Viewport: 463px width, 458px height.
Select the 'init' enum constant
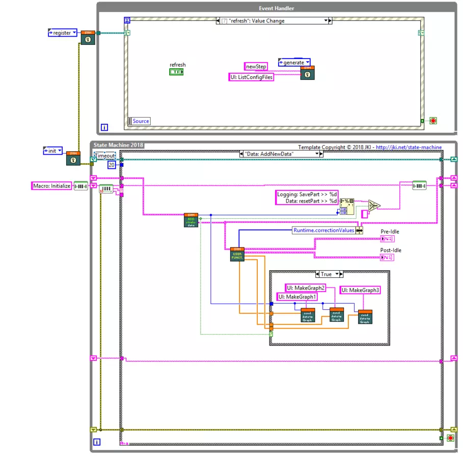pyautogui.click(x=53, y=151)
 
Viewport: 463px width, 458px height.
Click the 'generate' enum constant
pyautogui.click(x=293, y=63)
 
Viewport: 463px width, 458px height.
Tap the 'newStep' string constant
pyautogui.click(x=256, y=67)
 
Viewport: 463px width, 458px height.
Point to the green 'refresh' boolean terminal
pyautogui.click(x=176, y=72)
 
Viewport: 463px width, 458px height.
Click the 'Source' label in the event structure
pyautogui.click(x=141, y=121)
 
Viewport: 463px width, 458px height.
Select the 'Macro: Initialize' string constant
pyautogui.click(x=51, y=186)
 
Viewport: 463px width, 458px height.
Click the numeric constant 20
pyautogui.click(x=112, y=165)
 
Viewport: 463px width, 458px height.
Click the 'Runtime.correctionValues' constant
pyautogui.click(x=323, y=231)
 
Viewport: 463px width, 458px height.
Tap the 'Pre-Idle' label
pyautogui.click(x=390, y=232)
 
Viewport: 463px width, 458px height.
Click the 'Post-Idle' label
pyautogui.click(x=391, y=250)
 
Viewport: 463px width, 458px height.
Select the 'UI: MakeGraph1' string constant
pyautogui.click(x=297, y=297)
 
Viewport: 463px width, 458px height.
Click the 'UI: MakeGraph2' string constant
pyautogui.click(x=306, y=288)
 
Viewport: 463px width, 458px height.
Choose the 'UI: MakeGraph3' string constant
pyautogui.click(x=361, y=290)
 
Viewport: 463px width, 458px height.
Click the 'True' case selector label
pyautogui.click(x=326, y=274)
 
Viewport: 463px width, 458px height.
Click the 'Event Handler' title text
pyautogui.click(x=277, y=8)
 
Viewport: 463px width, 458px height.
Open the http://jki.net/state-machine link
pyautogui.click(x=409, y=147)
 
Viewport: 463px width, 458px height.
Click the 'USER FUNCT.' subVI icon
pyautogui.click(x=237, y=254)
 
